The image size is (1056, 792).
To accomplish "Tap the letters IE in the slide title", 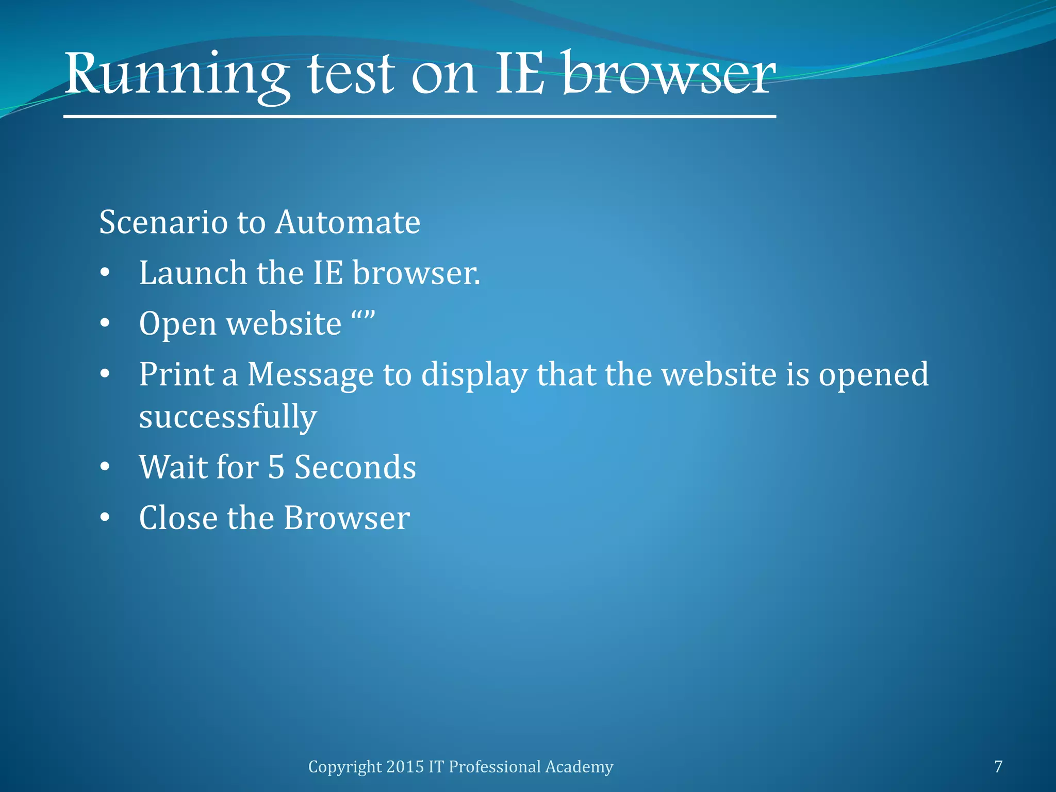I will pyautogui.click(x=519, y=75).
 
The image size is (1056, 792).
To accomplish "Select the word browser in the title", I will pyautogui.click(x=669, y=75).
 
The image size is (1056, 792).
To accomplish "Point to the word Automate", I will pyautogui.click(x=348, y=222).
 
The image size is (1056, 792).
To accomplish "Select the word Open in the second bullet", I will pyautogui.click(x=178, y=324).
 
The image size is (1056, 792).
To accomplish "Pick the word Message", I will pyautogui.click(x=310, y=375).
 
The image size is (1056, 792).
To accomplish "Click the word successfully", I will pyautogui.click(x=228, y=417).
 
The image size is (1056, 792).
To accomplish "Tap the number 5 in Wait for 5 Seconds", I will pyautogui.click(x=276, y=467).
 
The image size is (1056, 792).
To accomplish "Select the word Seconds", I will pyautogui.click(x=355, y=467).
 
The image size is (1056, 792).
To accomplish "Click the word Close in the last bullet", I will pyautogui.click(x=178, y=518).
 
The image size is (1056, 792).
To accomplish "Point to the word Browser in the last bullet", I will pyautogui.click(x=346, y=518).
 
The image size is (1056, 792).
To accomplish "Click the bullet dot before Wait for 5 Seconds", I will pyautogui.click(x=105, y=467).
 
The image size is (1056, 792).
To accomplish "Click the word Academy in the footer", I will pyautogui.click(x=579, y=767).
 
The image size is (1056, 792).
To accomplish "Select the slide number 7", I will pyautogui.click(x=998, y=767).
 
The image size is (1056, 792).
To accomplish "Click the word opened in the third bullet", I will pyautogui.click(x=873, y=375).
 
